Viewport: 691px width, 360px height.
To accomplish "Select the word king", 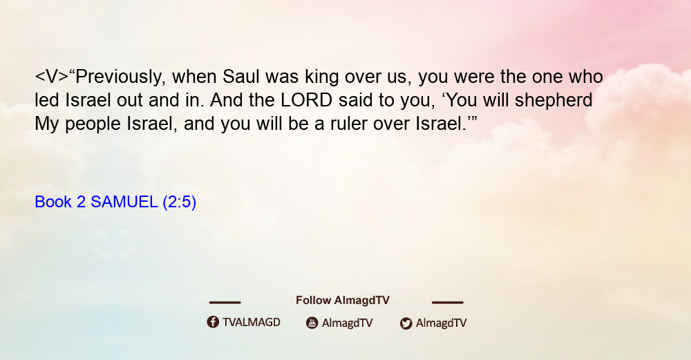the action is (x=322, y=77).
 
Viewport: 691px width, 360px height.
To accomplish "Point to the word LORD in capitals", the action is (x=307, y=100).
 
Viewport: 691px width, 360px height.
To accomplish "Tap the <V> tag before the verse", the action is (x=52, y=77).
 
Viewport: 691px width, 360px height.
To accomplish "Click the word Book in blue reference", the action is (x=53, y=202).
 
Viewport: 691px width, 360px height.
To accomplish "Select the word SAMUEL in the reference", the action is (x=124, y=202).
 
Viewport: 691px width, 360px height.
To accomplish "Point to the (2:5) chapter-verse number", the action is (x=180, y=202).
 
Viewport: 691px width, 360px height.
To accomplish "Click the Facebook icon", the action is (x=213, y=322).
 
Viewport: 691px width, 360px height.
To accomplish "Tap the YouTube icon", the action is (x=312, y=323).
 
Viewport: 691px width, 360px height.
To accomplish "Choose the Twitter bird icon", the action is (x=406, y=323).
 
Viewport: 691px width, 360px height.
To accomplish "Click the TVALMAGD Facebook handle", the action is (x=252, y=323).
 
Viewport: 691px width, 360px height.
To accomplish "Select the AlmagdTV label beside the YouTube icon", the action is (x=348, y=323).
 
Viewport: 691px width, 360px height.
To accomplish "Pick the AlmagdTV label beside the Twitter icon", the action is (x=441, y=323).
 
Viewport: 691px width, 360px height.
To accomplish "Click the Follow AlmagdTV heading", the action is (x=343, y=301).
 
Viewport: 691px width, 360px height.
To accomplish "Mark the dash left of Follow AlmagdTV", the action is (x=225, y=303).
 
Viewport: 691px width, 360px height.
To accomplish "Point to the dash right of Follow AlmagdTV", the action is (x=448, y=303).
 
